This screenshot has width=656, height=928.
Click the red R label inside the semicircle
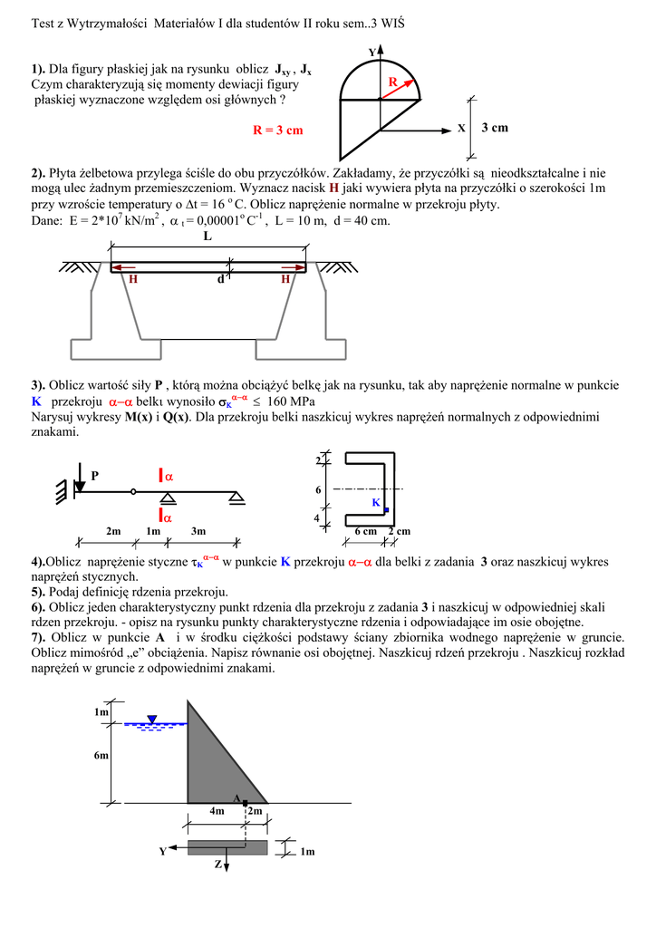coord(393,82)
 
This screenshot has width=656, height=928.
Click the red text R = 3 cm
coord(277,130)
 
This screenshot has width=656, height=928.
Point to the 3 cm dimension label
coord(495,128)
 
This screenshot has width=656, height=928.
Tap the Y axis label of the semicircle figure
coord(371,52)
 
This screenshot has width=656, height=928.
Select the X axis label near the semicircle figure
coord(461,129)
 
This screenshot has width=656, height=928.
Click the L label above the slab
coord(207,237)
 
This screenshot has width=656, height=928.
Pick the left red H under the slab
coord(132,280)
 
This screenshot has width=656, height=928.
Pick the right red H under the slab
coord(285,280)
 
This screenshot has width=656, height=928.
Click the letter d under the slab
coord(219,280)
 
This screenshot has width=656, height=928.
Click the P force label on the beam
coord(95,475)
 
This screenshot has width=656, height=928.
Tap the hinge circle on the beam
coord(133,492)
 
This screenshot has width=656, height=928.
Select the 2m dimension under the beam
coord(113,531)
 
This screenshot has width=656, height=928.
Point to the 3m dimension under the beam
coord(198,531)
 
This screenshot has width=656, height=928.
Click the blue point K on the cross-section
coord(386,510)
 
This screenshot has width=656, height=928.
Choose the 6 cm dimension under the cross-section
coord(365,532)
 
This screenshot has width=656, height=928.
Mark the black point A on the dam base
coord(245,802)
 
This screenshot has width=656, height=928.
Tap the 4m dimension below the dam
coord(217,812)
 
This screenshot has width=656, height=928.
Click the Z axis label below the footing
coord(217,865)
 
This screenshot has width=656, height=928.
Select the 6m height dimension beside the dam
coord(101,755)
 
